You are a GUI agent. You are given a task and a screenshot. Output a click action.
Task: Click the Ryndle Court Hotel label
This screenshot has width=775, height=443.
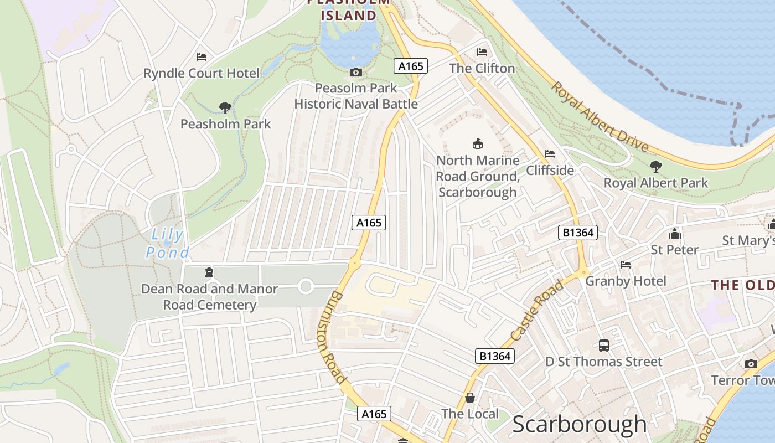click(201, 73)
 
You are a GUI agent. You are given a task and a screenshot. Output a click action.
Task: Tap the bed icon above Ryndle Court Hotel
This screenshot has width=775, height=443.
click(201, 57)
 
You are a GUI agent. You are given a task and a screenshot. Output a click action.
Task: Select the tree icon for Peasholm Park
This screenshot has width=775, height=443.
click(225, 107)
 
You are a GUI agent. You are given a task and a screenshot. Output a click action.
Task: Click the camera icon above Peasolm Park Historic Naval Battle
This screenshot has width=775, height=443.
click(356, 73)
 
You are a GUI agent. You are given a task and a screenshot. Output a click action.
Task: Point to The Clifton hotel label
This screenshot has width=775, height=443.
click(482, 68)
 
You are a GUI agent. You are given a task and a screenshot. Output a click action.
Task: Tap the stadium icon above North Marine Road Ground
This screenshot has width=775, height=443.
click(477, 144)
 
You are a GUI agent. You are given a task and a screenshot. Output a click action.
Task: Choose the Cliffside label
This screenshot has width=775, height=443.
click(550, 170)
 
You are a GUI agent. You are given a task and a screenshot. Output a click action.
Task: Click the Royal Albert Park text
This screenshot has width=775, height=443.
click(655, 182)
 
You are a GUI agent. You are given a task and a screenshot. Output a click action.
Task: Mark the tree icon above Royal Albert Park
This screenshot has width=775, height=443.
click(656, 166)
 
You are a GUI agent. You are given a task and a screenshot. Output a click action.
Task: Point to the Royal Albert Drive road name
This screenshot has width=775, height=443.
click(600, 117)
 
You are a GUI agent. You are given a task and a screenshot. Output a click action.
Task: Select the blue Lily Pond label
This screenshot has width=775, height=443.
click(167, 244)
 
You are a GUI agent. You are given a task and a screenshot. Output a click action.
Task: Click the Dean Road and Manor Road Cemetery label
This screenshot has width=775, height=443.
click(209, 297)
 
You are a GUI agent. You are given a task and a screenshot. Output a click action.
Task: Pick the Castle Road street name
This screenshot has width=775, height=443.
click(536, 311)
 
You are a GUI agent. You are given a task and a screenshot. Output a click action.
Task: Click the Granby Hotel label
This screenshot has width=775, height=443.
click(626, 281)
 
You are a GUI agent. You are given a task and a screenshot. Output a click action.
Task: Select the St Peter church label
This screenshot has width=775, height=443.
click(674, 249)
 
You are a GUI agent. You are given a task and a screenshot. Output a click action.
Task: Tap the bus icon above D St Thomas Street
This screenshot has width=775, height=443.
click(603, 346)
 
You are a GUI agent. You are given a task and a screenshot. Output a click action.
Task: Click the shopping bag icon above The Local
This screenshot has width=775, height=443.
click(470, 398)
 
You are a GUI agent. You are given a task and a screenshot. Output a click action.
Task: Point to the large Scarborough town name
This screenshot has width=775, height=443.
click(579, 424)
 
